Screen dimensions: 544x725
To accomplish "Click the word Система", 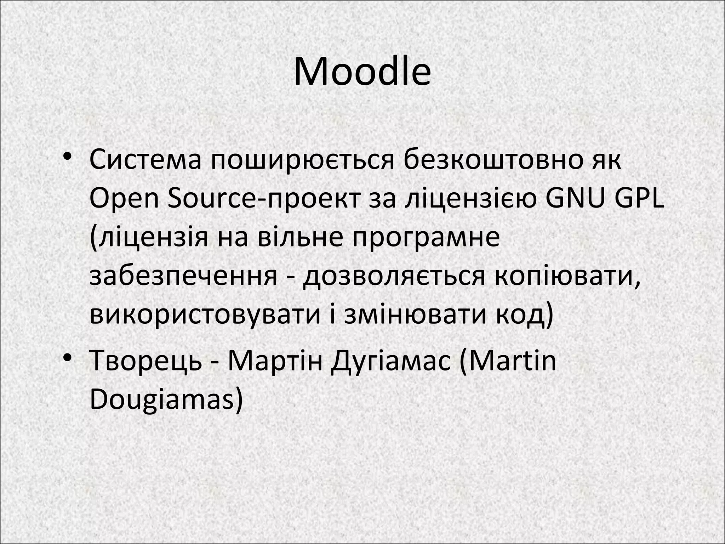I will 145,160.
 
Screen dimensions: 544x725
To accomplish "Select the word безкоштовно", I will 490,160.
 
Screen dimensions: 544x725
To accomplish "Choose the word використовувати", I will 205,315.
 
